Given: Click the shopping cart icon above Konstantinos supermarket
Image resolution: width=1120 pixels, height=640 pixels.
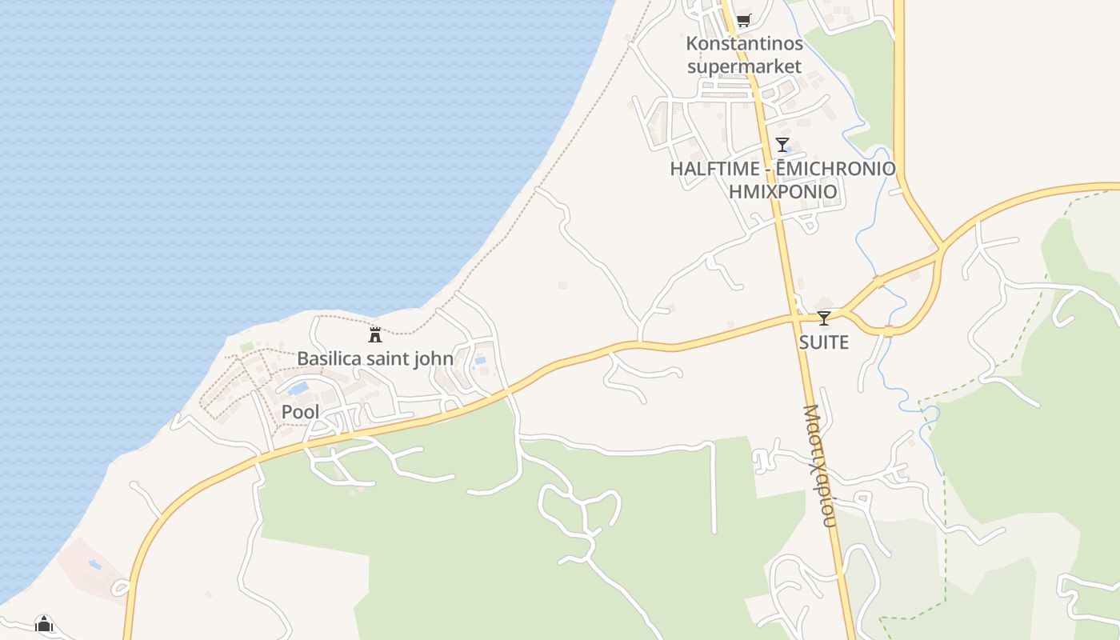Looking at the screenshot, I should coord(743,20).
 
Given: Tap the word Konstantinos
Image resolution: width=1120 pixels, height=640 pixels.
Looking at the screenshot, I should coord(744,43).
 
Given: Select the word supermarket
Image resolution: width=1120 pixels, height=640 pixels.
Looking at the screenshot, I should coord(744,66).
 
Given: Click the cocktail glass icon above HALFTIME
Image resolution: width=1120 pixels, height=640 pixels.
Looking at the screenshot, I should coord(782,145).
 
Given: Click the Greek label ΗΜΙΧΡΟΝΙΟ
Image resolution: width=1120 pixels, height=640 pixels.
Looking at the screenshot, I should coord(782,191).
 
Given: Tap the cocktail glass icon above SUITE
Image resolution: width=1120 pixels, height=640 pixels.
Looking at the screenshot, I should coord(824,318).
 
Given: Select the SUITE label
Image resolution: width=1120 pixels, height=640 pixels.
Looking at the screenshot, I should coord(824,342).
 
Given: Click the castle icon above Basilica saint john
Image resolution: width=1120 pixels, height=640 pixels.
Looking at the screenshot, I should coord(374,334).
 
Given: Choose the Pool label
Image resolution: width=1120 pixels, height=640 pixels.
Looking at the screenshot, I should coord(300,412).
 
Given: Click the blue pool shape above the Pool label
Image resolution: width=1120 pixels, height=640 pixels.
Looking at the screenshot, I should coord(298,389).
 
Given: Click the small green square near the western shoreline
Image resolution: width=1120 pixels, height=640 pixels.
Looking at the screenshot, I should coord(246,347).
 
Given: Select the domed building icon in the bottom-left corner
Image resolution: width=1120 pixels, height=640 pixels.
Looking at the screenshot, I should coord(44,623).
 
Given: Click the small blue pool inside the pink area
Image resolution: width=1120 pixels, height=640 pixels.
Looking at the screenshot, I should coord(95,565).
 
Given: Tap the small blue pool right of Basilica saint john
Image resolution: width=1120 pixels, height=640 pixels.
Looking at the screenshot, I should coord(480,361).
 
